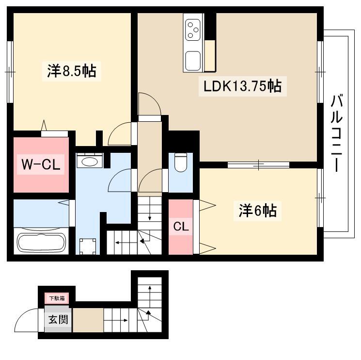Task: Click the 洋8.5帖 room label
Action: pyautogui.click(x=72, y=71)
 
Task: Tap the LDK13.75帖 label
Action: pyautogui.click(x=242, y=86)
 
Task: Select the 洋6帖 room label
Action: pyautogui.click(x=257, y=211)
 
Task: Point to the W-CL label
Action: pyautogui.click(x=41, y=164)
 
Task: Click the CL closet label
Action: pyautogui.click(x=181, y=227)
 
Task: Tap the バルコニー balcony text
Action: pyautogui.click(x=337, y=133)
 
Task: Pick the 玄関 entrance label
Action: pyautogui.click(x=58, y=319)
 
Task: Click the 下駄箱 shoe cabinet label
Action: pyautogui.click(x=57, y=298)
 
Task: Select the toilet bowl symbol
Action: pyautogui.click(x=181, y=162)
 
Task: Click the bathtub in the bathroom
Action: pyautogui.click(x=41, y=243)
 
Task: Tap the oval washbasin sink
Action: pyautogui.click(x=89, y=162)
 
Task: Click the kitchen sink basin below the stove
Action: pyautogui.click(x=193, y=61)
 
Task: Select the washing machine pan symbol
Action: pyautogui.click(x=88, y=246)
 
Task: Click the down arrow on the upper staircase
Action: pyautogui.click(x=150, y=209)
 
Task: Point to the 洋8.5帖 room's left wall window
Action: pyautogui.click(x=10, y=72)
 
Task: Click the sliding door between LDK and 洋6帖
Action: pyautogui.click(x=258, y=165)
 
